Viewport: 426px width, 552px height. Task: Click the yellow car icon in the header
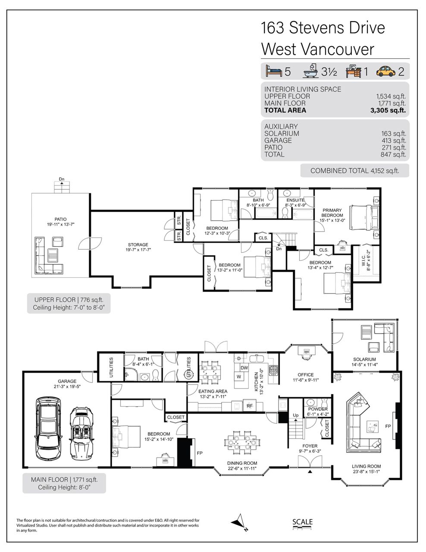385,71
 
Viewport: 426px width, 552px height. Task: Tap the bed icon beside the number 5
274,71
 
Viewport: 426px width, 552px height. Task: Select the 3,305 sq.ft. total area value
388,110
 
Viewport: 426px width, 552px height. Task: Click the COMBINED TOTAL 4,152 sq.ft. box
355,170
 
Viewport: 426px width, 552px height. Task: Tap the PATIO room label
60,219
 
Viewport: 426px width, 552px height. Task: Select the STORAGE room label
138,245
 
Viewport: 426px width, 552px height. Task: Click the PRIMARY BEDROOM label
332,213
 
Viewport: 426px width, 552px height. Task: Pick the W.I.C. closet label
363,260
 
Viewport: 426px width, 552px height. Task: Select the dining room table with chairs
242,442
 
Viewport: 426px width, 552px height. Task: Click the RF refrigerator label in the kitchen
250,406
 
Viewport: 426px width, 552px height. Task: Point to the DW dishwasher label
244,368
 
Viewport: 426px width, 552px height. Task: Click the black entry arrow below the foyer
310,471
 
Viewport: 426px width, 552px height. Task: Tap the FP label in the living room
388,426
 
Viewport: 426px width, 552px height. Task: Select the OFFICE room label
306,375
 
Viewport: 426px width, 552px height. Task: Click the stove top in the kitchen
273,370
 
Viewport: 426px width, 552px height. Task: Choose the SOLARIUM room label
364,359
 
